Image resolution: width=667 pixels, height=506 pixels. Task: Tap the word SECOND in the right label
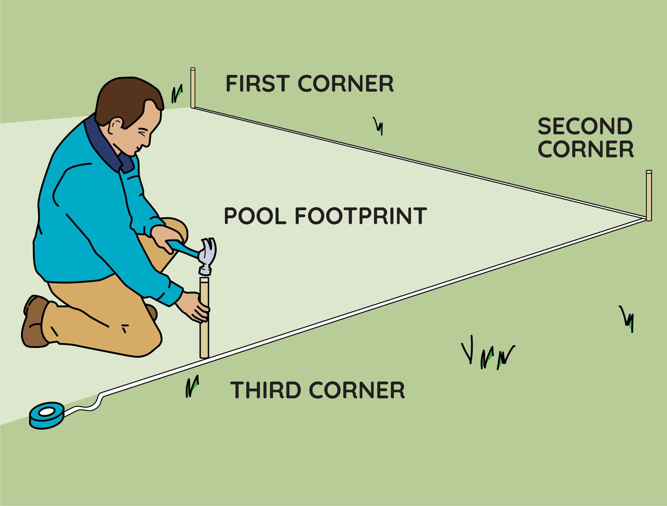585,127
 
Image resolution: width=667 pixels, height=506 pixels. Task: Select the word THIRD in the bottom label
265,391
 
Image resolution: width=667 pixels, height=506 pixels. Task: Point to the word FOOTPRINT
361,216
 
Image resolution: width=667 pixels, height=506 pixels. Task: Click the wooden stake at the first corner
193,88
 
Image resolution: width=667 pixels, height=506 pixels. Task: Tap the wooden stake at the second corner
649,195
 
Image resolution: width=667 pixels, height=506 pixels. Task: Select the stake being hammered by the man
205,335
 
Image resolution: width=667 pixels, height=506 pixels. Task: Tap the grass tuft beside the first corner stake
177,94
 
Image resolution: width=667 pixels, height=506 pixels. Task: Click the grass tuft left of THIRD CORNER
192,386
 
